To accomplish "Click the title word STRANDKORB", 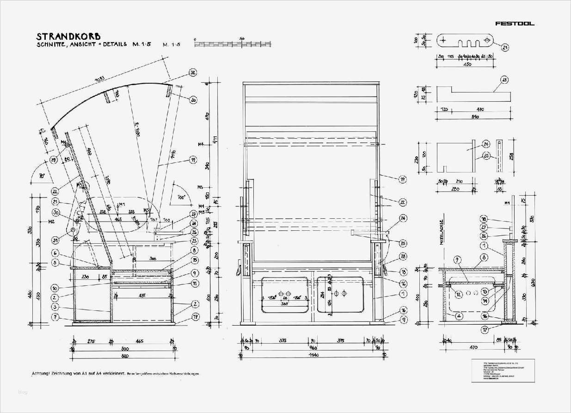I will pyautogui.click(x=69, y=36).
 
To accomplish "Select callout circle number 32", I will pyautogui.click(x=193, y=73).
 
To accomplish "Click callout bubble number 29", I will pyautogui.click(x=53, y=160).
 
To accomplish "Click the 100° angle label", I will pyautogui.click(x=181, y=197).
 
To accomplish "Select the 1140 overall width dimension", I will pyautogui.click(x=313, y=355).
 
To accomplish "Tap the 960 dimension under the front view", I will pyautogui.click(x=313, y=348).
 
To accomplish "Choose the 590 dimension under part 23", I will pyautogui.click(x=474, y=117).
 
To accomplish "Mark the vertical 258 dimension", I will pyautogui.click(x=511, y=156).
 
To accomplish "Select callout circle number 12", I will pyautogui.click(x=458, y=294).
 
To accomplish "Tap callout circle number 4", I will pyautogui.click(x=458, y=316).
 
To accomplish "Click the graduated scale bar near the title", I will pyautogui.click(x=233, y=44).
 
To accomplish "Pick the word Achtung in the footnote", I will pyautogui.click(x=40, y=373).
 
